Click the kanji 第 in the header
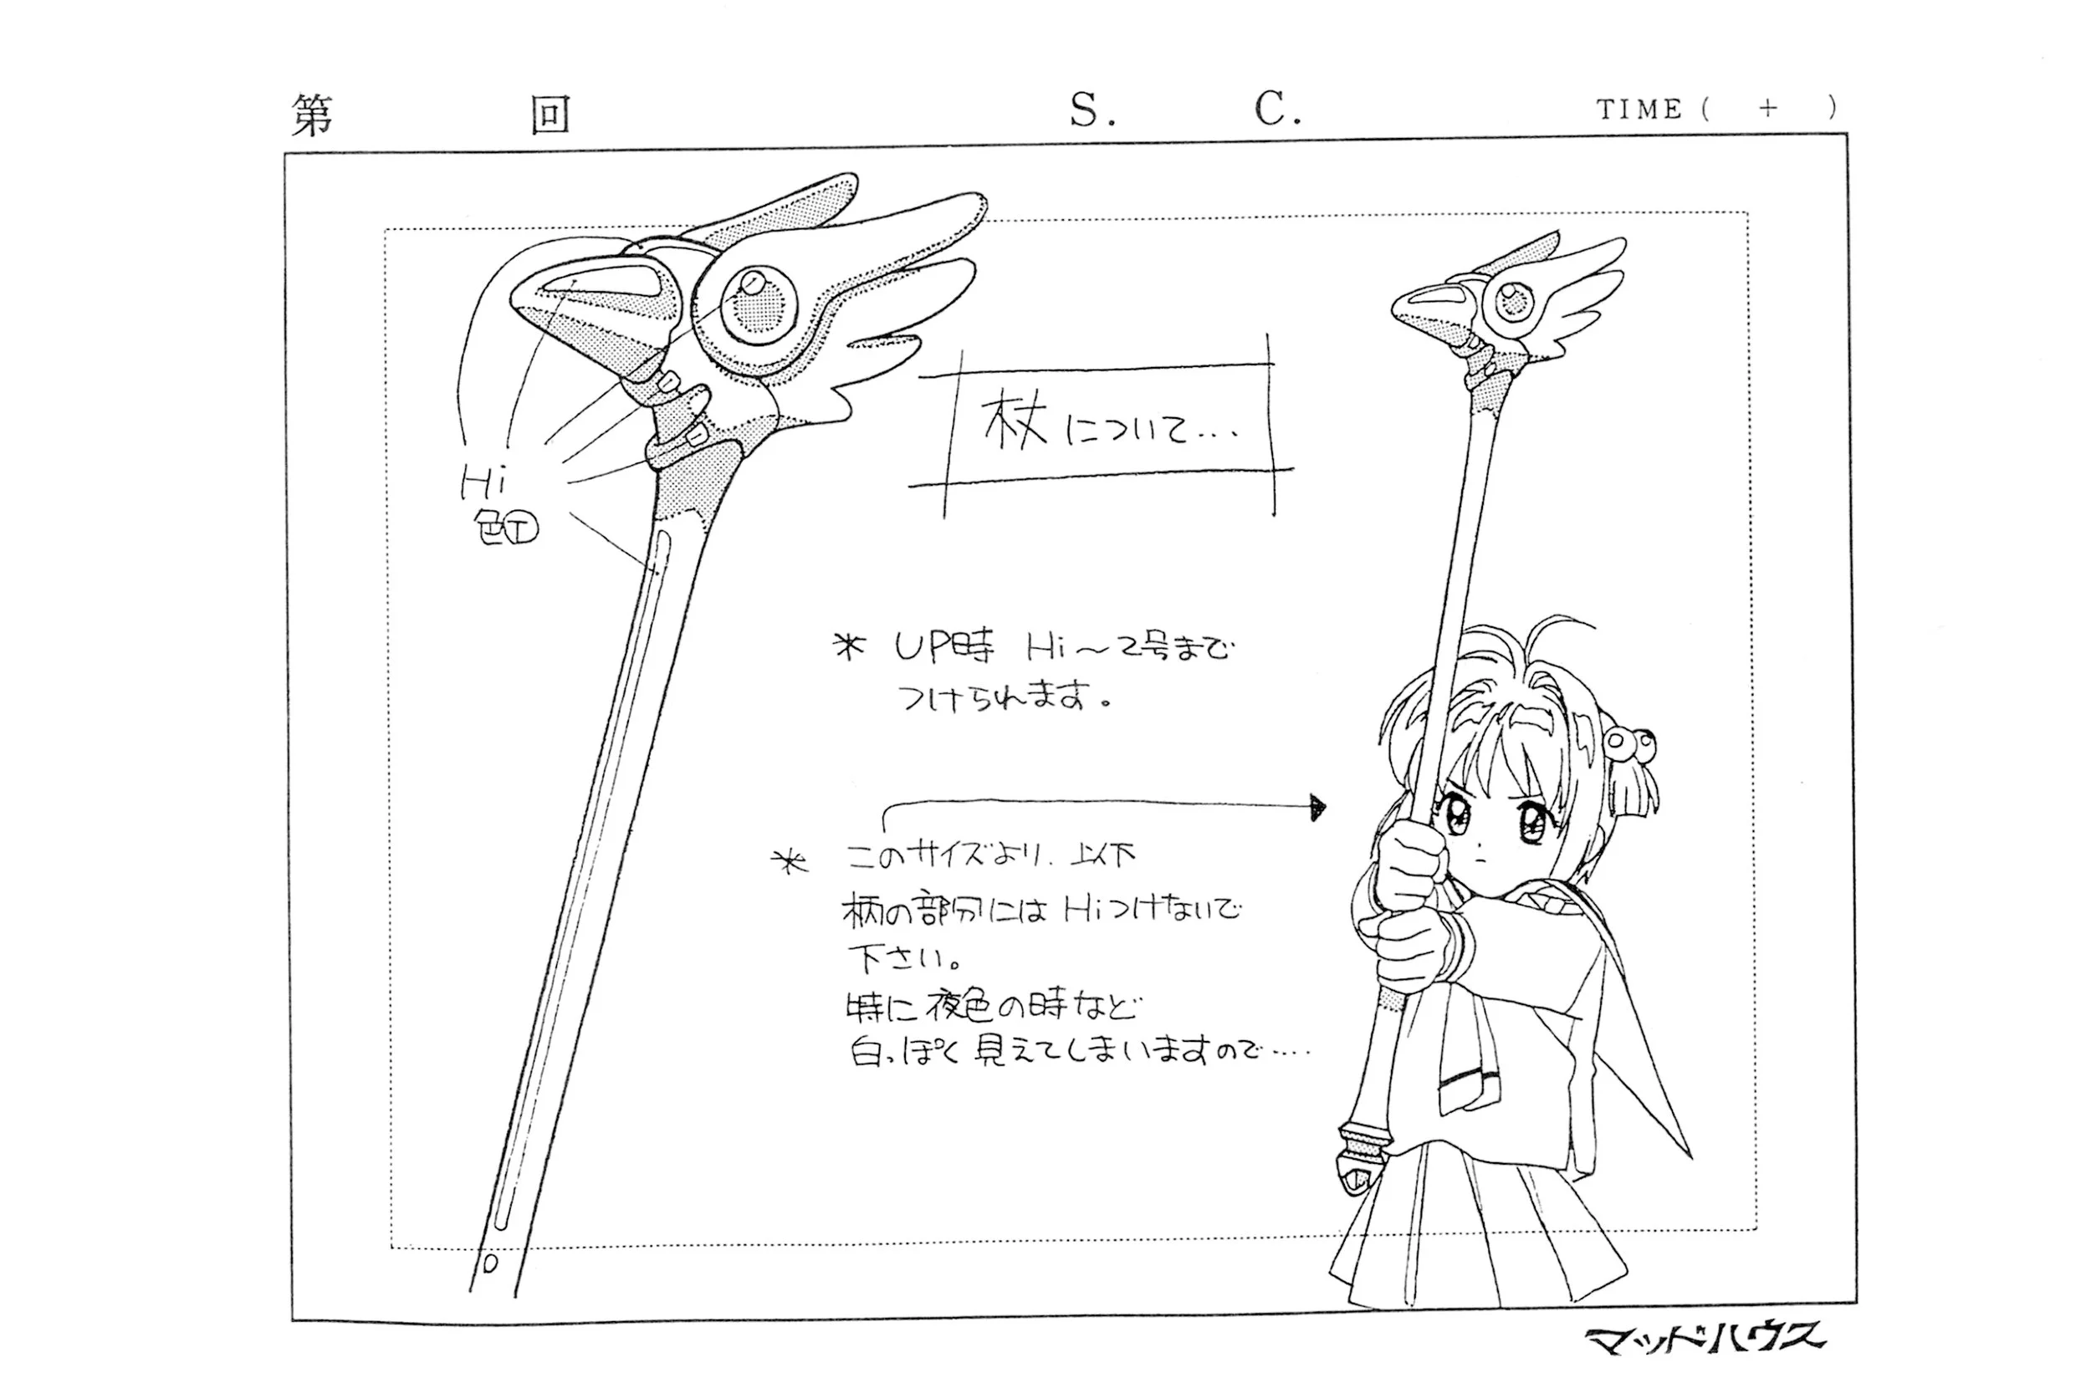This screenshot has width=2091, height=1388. (x=313, y=116)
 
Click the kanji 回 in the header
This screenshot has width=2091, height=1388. (x=550, y=116)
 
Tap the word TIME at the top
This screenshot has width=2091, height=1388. (x=1639, y=110)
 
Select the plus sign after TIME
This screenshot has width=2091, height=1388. (x=1767, y=108)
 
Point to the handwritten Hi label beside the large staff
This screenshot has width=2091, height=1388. (x=483, y=484)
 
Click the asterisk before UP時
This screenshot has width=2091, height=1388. (x=849, y=648)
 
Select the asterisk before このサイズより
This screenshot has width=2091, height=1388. (x=790, y=860)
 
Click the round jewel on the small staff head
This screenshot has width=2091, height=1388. (x=1515, y=301)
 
